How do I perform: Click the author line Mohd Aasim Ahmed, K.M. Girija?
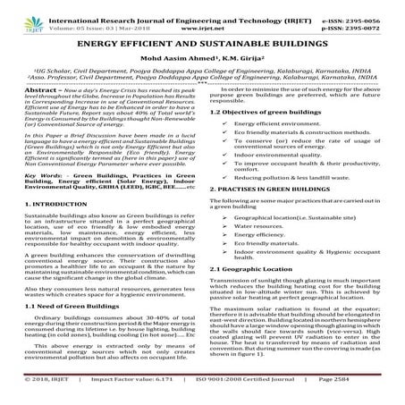pyautogui.click(x=202, y=59)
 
